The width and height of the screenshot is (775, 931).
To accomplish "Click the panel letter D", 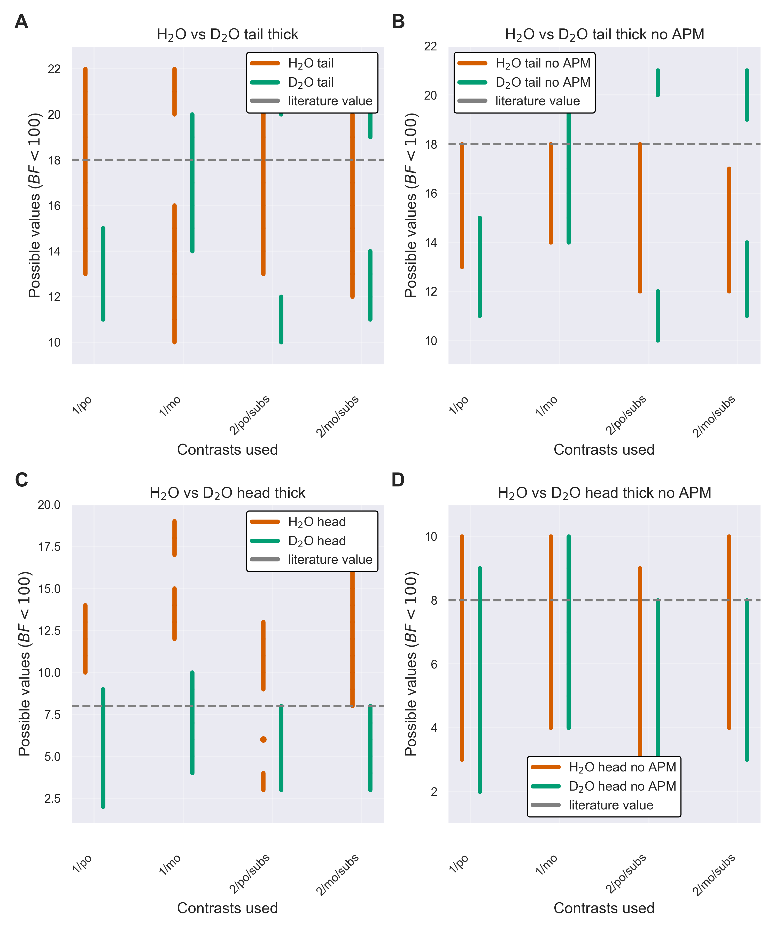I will [x=398, y=480].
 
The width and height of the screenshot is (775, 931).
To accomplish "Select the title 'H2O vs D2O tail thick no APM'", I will [x=604, y=35].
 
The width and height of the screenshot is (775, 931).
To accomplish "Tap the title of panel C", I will [x=227, y=493].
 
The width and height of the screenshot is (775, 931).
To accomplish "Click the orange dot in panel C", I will [x=263, y=739].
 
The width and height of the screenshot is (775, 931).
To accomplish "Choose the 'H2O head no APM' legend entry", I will [x=622, y=767].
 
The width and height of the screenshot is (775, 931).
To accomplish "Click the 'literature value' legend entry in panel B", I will [x=537, y=101].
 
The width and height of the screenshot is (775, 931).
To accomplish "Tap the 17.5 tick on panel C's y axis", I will [x=50, y=547].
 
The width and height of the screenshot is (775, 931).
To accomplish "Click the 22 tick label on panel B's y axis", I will [x=430, y=47].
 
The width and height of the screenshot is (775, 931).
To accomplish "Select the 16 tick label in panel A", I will [x=54, y=206].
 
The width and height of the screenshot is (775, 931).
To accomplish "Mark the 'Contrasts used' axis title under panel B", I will [x=604, y=449].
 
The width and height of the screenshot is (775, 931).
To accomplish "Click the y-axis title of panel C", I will [x=25, y=664].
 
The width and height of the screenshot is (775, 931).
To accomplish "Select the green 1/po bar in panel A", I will [x=103, y=274].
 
